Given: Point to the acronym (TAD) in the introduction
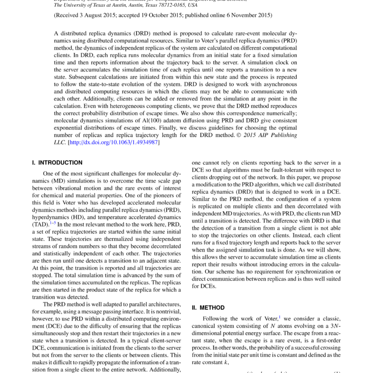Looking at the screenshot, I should pyautogui.click(x=40, y=224).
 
